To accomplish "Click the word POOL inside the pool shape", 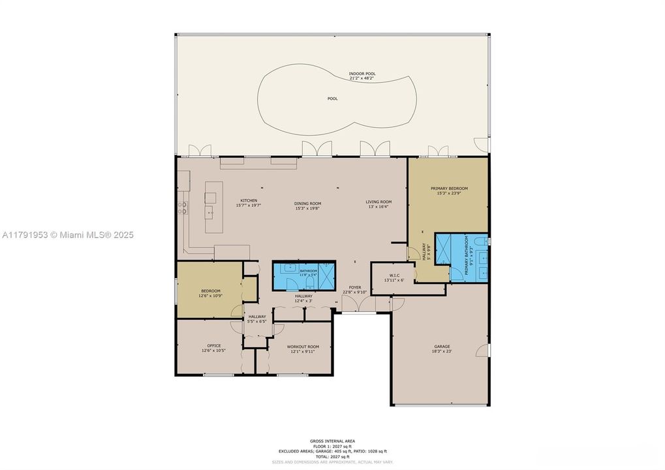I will coord(332,99).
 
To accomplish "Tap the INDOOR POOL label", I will coord(362,74).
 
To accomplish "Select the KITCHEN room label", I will coord(248,200).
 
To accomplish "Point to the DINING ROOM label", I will coord(308,203).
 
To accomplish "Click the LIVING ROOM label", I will coord(378,202).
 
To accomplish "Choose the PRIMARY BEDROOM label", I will coord(449,188).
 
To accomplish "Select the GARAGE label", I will coord(442,347).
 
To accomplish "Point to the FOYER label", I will coord(355,287).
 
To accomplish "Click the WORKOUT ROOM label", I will coord(303,347).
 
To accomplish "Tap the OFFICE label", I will coord(213,346).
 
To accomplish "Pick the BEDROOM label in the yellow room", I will coord(210,290).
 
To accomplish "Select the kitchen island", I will coord(209,206).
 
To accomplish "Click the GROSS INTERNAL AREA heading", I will coord(332,441).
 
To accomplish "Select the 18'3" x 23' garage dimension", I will coord(442,352).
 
